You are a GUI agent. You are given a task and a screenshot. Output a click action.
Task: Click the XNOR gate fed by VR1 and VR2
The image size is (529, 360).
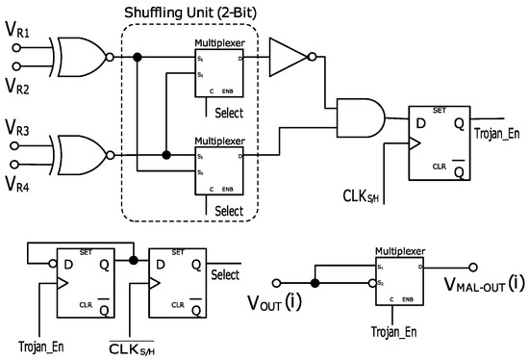click(x=79, y=57)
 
